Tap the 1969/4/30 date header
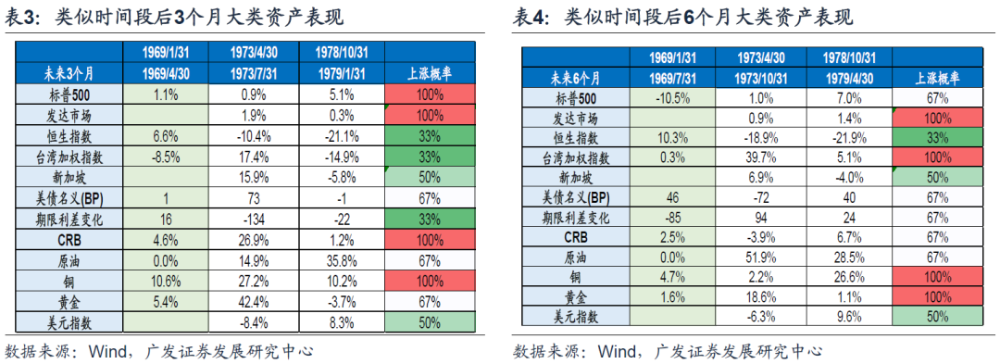point(167,72)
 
